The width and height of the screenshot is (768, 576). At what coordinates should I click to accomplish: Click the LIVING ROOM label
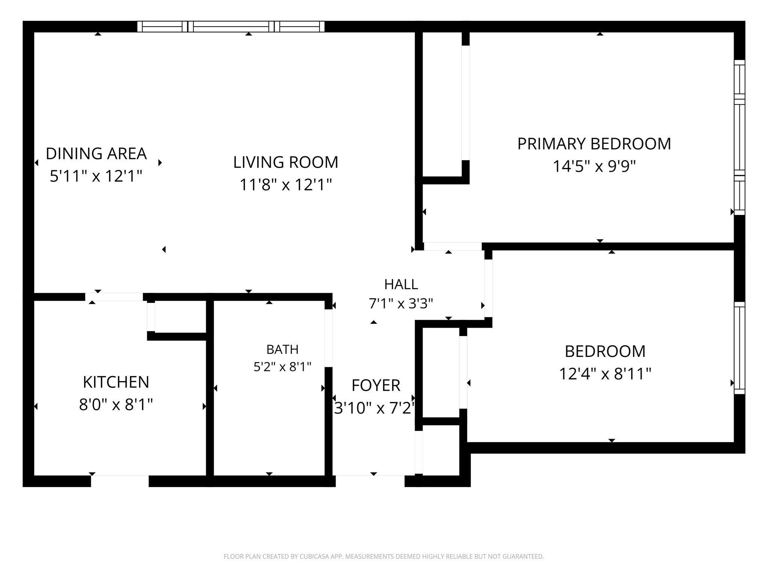[286, 162]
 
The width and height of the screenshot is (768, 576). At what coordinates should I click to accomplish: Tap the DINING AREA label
[96, 154]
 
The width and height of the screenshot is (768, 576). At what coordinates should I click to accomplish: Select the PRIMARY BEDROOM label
[594, 144]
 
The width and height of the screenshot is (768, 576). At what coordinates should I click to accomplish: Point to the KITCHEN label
[116, 382]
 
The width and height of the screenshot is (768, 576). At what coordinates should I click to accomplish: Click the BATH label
[282, 349]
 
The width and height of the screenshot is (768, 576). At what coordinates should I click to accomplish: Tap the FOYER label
[376, 385]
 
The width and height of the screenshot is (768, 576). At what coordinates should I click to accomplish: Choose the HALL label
[401, 285]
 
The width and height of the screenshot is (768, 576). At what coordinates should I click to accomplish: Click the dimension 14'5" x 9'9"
[594, 166]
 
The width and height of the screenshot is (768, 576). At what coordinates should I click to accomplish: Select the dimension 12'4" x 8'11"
[605, 374]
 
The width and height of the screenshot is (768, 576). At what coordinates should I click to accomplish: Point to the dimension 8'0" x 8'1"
[116, 405]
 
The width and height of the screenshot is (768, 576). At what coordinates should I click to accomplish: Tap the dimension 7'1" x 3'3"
[401, 303]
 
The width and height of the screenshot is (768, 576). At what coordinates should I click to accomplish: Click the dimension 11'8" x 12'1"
[286, 184]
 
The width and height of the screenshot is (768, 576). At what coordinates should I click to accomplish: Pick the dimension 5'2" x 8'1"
[282, 367]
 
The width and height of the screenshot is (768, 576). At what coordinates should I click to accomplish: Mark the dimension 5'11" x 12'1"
[96, 176]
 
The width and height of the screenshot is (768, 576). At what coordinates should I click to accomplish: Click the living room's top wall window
[231, 27]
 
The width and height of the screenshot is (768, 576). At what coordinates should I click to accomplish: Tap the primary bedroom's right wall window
[739, 137]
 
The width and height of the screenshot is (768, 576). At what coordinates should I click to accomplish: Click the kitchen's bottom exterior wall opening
[120, 481]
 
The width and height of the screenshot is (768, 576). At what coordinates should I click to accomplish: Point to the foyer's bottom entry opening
[370, 481]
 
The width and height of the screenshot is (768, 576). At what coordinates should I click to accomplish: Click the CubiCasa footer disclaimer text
[384, 556]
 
